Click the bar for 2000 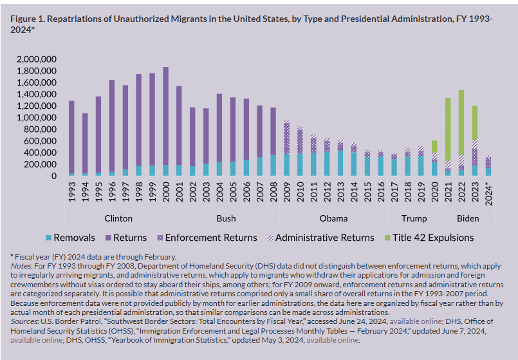point(165,121)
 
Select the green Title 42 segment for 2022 point(461,122)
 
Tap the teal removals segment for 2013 point(340,164)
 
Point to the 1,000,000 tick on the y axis point(37,118)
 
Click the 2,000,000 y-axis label point(37,59)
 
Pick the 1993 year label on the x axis point(71,191)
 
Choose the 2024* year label point(488,194)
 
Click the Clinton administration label point(118,218)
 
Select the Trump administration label point(414,218)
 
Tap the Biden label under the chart point(468,218)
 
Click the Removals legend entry point(70,238)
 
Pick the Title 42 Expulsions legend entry point(429,238)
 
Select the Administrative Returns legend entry point(321,238)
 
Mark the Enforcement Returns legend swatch point(160,238)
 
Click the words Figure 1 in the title point(28,19)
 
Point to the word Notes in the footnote point(21,266)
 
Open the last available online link point(332,340)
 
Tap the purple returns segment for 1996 point(112,126)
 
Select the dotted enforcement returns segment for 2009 point(286,138)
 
